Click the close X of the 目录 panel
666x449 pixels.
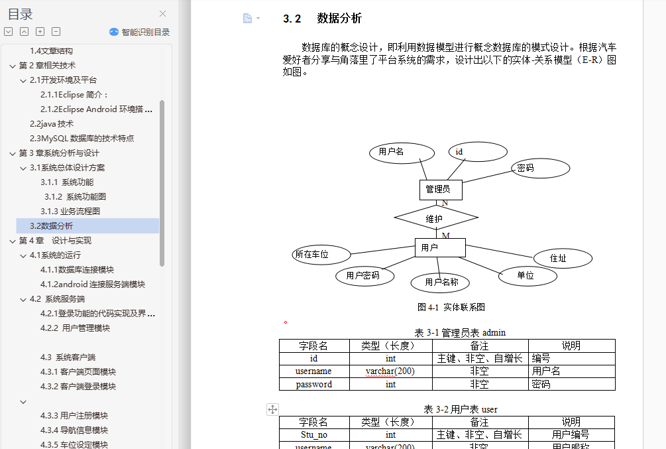coord(162,14)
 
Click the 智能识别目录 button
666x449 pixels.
coord(139,32)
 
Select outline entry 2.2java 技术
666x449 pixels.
coord(52,124)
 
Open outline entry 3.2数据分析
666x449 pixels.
coord(51,225)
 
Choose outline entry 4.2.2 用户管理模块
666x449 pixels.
coord(75,328)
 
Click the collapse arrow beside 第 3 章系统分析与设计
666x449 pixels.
coord(13,153)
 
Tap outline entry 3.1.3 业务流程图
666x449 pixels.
coord(70,212)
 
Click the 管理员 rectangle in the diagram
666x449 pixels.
coord(441,190)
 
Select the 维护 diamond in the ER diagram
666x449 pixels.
coord(436,218)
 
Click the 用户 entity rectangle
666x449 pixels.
coord(440,247)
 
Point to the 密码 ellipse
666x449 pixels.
coord(540,168)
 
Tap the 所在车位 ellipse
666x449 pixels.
coord(321,255)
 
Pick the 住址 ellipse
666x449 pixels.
coord(563,258)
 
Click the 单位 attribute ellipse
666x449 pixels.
coord(527,276)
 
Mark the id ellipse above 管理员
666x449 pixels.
coord(478,152)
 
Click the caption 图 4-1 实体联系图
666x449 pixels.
coord(451,307)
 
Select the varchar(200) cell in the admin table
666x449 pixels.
coord(390,371)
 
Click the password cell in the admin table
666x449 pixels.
coord(314,385)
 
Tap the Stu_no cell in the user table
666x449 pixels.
coord(314,434)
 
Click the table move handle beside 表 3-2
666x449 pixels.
coord(272,409)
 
